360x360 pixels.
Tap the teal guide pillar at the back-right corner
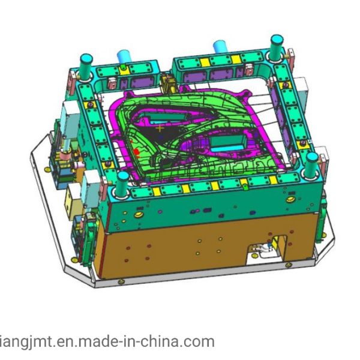(x=277, y=46)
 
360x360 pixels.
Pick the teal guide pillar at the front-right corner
(x=312, y=166)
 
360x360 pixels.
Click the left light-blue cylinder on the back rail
(x=124, y=56)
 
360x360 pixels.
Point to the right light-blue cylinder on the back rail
(x=220, y=47)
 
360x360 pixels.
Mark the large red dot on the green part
(x=136, y=152)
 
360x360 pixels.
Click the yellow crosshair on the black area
(x=160, y=128)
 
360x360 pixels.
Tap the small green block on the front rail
(x=245, y=187)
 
